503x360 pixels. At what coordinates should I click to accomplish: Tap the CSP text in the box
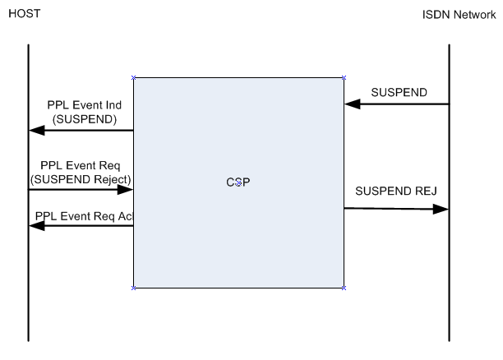238,182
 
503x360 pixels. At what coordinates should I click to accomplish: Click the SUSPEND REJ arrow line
395,209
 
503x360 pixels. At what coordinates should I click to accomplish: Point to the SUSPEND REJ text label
395,192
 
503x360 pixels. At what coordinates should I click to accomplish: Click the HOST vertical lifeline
28,271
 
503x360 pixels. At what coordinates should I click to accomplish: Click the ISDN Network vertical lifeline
449,271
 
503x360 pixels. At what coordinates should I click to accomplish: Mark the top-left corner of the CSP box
133,78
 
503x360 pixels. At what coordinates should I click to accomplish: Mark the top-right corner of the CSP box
344,78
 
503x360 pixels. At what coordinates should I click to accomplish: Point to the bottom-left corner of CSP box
133,288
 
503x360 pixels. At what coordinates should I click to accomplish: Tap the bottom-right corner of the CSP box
344,288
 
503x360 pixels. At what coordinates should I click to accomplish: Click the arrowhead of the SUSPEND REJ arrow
441,210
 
